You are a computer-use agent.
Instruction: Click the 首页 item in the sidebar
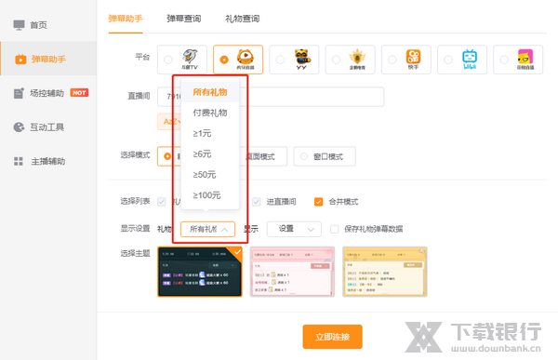[37, 25]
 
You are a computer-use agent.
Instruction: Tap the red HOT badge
[79, 93]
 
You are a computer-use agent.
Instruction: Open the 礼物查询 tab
[243, 18]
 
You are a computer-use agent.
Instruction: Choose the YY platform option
[301, 60]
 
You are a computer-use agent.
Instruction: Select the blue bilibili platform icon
[469, 60]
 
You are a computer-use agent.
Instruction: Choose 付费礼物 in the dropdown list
[209, 113]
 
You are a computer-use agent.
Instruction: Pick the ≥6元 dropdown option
[204, 153]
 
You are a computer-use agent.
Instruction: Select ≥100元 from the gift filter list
[206, 194]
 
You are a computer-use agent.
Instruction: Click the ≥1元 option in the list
[204, 133]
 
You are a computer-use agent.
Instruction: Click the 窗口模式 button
[324, 156]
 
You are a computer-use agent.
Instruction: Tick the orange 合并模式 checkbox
[319, 202]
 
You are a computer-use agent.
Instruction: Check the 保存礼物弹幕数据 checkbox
[336, 228]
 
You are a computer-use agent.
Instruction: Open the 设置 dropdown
[294, 228]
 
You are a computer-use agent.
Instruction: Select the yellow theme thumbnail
[383, 272]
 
